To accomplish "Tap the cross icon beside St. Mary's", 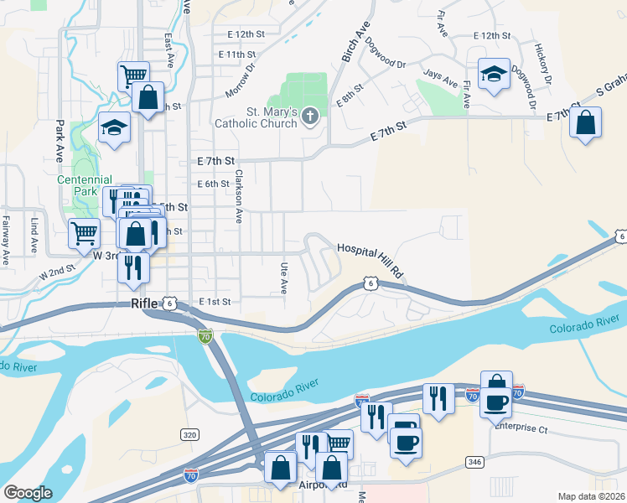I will click(310, 117).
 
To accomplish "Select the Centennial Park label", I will click(85, 185).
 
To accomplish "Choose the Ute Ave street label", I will click(283, 275).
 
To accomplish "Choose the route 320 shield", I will click(189, 434).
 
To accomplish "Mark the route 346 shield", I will click(474, 462).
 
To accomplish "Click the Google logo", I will click(28, 493).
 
